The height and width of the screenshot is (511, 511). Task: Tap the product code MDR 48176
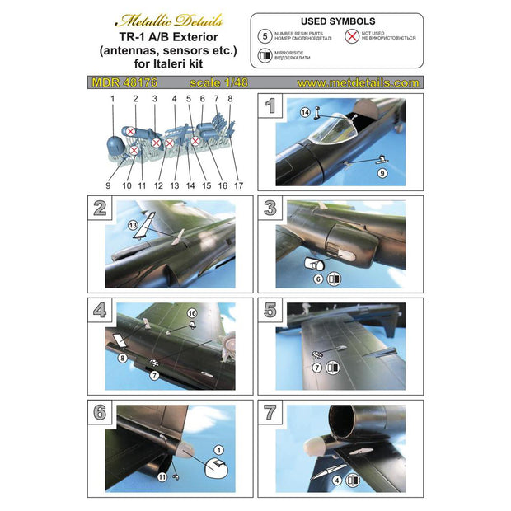[115, 83]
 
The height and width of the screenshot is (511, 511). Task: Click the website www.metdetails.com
[357, 83]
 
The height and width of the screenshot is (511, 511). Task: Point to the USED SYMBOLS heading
[337, 21]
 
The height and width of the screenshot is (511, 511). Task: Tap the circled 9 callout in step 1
[382, 174]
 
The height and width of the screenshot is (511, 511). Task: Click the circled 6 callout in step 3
[317, 279]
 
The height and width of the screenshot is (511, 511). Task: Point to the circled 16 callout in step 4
[191, 314]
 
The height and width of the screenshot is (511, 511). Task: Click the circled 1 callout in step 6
[219, 449]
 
